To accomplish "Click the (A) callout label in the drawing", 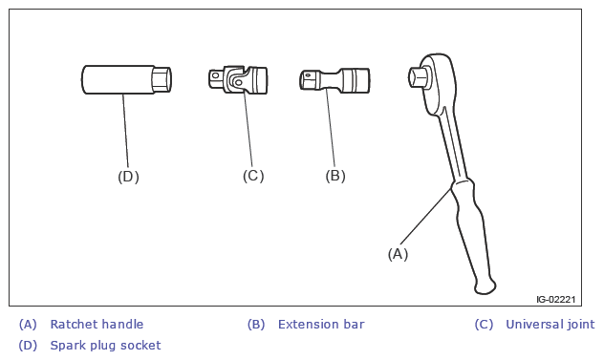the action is click(x=398, y=254).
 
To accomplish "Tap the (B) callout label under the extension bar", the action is click(x=335, y=176).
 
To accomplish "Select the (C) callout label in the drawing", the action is click(x=253, y=176).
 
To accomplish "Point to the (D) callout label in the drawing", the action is click(x=128, y=177).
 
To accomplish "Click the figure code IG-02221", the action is click(x=556, y=299).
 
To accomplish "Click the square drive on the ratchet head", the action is click(x=419, y=77).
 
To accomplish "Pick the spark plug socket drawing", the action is click(x=126, y=79).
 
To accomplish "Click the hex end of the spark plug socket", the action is click(x=162, y=79).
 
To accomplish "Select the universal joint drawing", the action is click(x=238, y=79).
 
